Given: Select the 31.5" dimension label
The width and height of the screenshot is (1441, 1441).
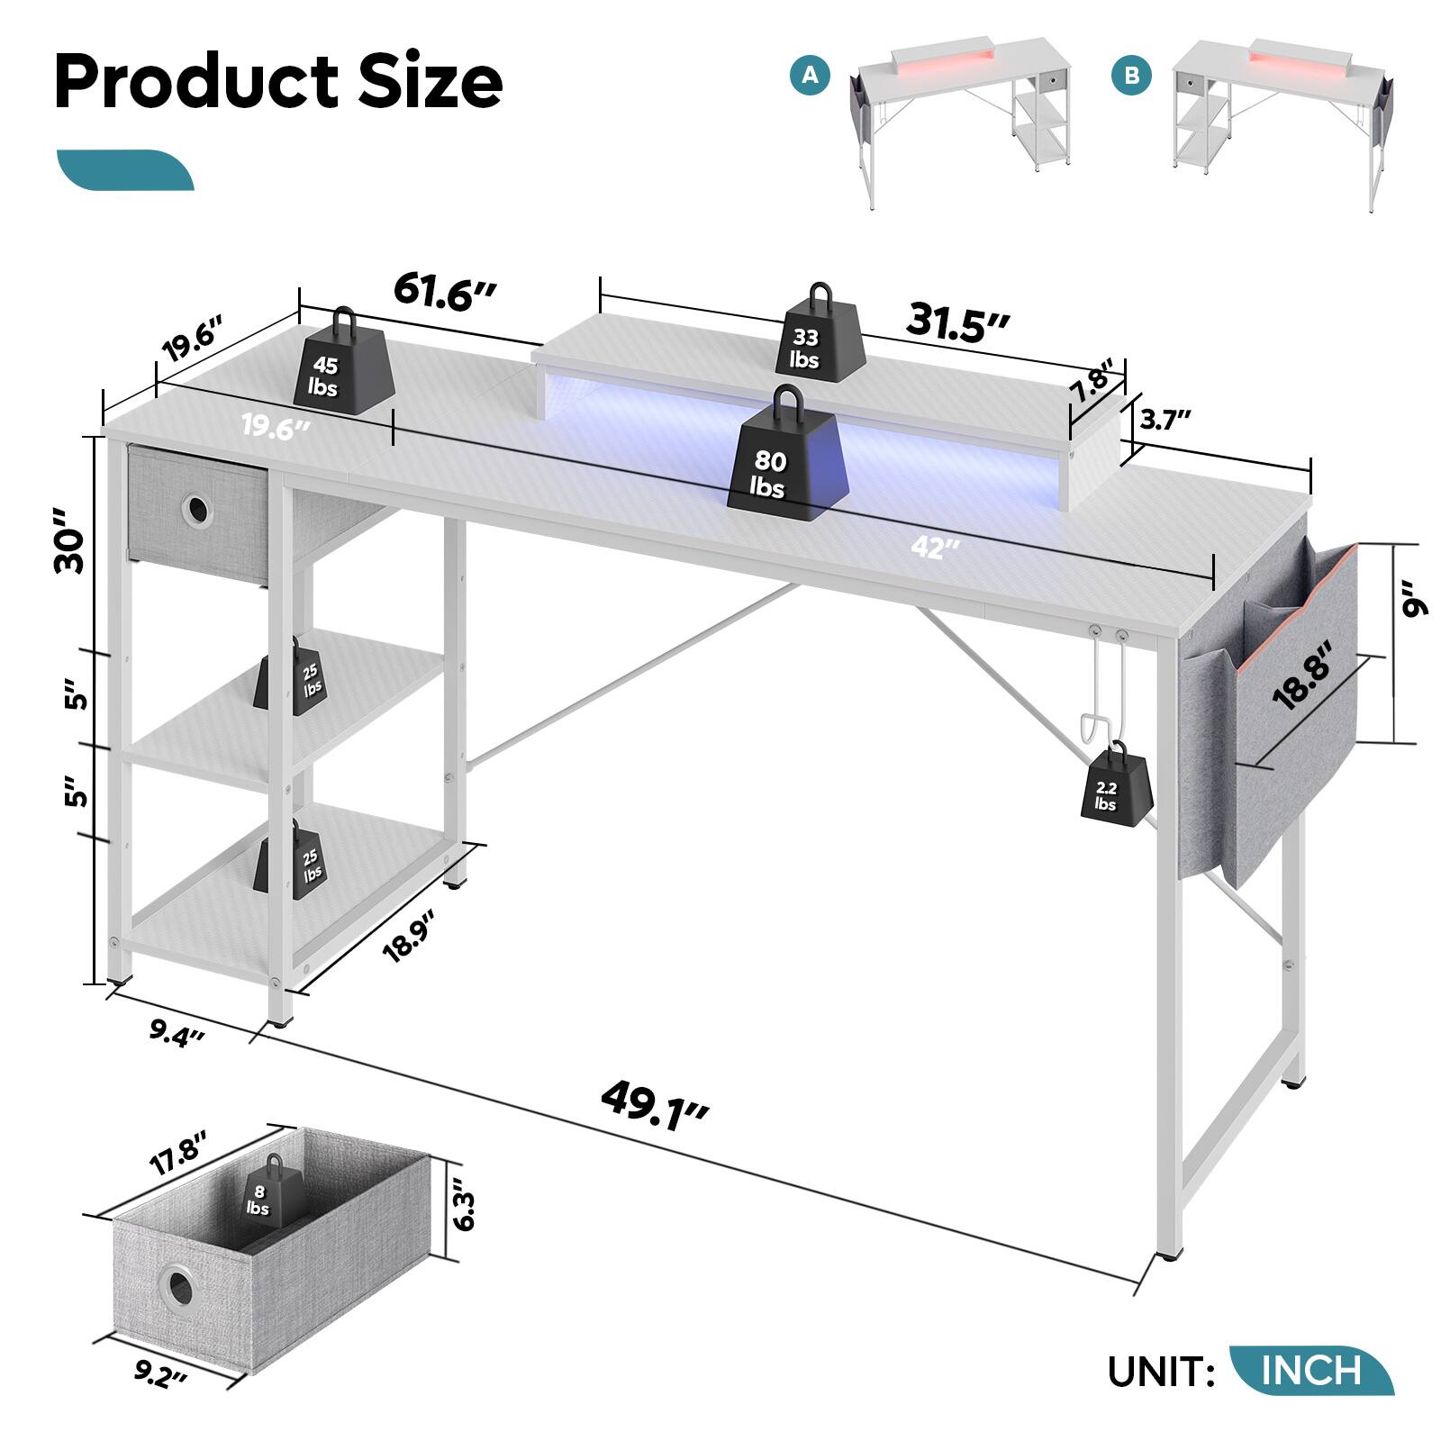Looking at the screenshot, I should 957,322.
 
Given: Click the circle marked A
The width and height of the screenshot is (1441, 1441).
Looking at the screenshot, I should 811,75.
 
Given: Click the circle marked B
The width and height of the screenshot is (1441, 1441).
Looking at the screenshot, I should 1131,76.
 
